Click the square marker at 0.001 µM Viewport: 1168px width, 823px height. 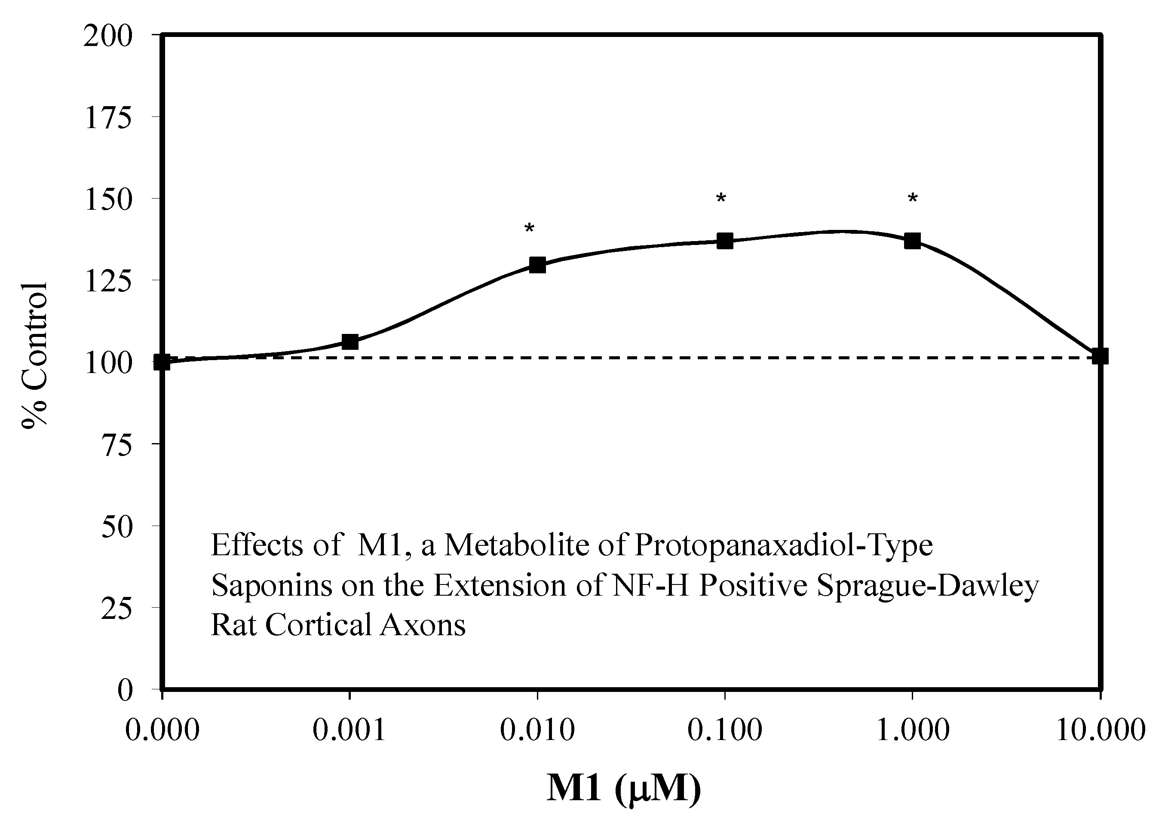pos(349,342)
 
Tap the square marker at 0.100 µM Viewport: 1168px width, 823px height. pos(724,241)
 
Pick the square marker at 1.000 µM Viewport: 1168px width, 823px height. pos(912,241)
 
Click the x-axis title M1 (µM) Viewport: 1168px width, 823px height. pos(624,789)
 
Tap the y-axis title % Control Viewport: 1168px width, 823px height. pos(34,355)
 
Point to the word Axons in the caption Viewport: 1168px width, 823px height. pos(422,625)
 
